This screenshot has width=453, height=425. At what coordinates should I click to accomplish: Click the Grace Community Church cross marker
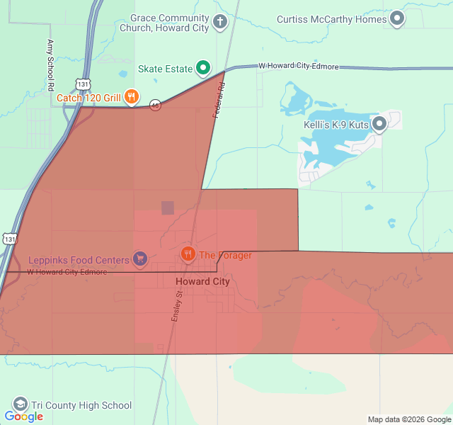[220, 21]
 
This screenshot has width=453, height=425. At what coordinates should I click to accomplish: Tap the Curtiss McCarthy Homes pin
[397, 18]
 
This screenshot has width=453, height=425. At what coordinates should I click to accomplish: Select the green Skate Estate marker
[203, 68]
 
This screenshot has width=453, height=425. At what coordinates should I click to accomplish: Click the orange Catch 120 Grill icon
[131, 97]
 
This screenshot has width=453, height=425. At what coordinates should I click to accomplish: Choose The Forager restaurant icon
[188, 254]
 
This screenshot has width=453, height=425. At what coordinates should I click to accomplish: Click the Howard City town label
[202, 281]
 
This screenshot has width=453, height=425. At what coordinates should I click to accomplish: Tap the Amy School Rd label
[50, 65]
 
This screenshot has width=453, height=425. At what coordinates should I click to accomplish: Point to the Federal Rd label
[219, 101]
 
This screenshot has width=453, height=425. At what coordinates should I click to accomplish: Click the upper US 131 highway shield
[84, 84]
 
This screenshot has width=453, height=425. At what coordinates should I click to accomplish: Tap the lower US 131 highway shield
[8, 239]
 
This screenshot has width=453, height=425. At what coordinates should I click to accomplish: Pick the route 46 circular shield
[155, 105]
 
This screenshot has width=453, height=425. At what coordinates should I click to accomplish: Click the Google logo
[23, 416]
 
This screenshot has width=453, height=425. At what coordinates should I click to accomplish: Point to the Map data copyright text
[408, 419]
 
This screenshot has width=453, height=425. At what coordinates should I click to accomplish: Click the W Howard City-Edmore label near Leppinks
[67, 272]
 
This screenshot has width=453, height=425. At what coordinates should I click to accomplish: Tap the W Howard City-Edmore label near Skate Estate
[299, 66]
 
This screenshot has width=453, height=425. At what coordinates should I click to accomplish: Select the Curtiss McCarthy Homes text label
[332, 19]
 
